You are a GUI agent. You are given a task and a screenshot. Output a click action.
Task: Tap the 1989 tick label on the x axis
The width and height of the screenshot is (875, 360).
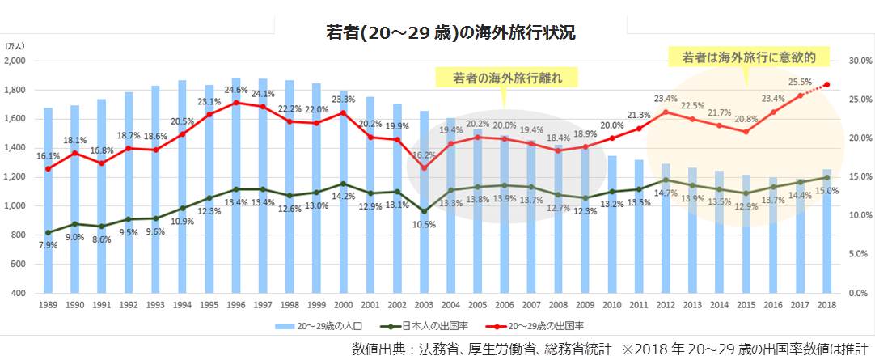48,305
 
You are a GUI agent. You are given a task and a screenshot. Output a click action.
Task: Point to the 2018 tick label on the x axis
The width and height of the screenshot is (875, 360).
826,305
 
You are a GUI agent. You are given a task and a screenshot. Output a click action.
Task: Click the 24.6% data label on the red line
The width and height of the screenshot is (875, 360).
235,91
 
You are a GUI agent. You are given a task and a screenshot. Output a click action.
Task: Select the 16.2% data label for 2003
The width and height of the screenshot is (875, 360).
424,154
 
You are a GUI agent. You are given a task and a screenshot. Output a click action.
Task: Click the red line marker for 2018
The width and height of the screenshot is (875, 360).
826,84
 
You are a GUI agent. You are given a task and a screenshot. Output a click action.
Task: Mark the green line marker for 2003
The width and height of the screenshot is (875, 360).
423,211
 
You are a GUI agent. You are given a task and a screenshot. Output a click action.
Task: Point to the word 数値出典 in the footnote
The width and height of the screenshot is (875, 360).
379,349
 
